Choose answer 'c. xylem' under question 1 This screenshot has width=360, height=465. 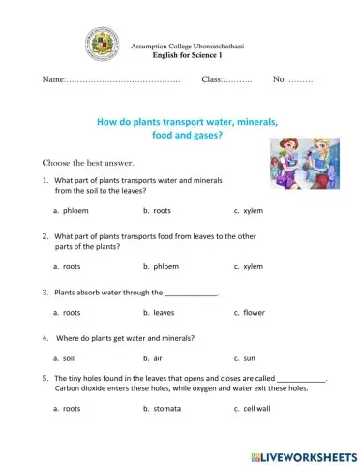click(249, 210)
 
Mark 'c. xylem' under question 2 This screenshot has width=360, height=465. click(249, 266)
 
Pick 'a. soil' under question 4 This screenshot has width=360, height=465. click(65, 358)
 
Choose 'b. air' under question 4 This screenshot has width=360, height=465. click(154, 358)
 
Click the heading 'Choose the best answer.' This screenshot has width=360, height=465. click(87, 162)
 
